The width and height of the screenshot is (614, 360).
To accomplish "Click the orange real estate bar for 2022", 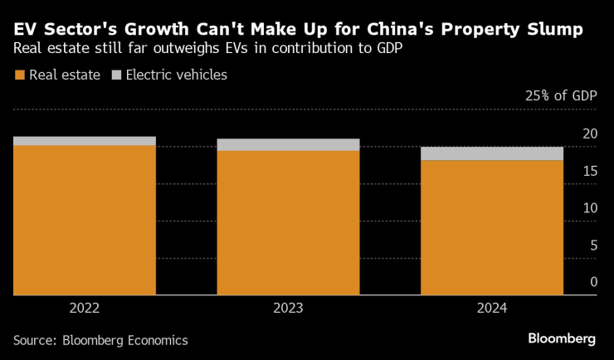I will [85, 220].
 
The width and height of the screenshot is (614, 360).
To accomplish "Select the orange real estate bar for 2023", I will [288, 222].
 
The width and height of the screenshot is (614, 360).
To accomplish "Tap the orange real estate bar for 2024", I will [491, 227].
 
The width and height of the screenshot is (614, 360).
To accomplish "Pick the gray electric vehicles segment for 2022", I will [85, 141].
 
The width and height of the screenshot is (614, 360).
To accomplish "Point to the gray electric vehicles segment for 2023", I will [288, 145].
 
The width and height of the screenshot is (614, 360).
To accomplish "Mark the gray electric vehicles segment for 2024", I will [491, 153].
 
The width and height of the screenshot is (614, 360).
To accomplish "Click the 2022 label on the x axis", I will [85, 308].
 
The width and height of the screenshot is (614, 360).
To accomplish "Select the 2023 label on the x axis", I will [288, 308].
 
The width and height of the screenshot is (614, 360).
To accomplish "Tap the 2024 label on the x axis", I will [491, 308].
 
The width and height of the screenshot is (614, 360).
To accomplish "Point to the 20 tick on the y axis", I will [590, 134].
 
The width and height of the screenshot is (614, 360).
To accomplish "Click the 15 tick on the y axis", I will [590, 172].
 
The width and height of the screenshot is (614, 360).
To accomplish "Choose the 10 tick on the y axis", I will [590, 208].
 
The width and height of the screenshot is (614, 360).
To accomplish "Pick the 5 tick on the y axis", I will [593, 246].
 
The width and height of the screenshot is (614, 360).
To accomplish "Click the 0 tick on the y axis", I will [593, 282].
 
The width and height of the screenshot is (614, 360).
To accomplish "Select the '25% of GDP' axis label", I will [561, 96].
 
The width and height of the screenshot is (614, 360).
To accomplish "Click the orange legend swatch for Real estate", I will [19, 75].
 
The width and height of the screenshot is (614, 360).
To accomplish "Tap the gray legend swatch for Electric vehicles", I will [116, 75].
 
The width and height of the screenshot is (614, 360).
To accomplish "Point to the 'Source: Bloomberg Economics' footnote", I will [100, 340].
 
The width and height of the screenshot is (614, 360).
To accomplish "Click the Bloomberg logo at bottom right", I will [562, 339].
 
